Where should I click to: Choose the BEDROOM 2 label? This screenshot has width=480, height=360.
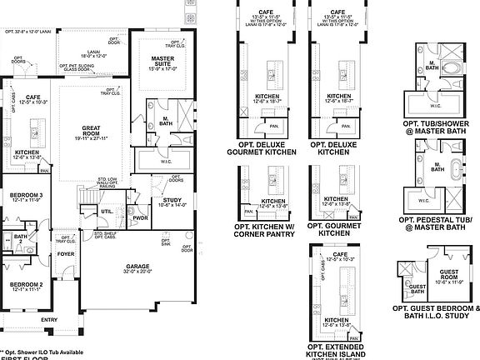tap(27, 284)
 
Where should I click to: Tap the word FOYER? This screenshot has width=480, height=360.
tap(66, 254)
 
